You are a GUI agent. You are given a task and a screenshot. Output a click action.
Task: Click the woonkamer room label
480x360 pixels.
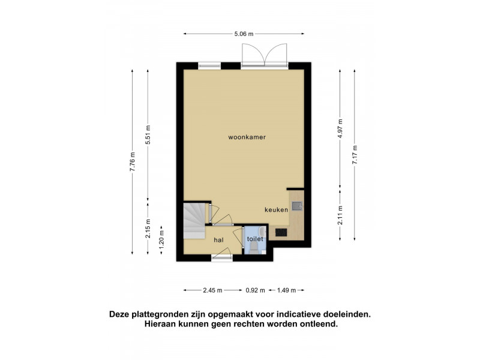click(x=247, y=137)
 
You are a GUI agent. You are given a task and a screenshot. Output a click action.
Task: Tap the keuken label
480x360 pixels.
click(x=276, y=209)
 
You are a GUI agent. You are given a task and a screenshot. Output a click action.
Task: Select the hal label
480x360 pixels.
click(x=218, y=240)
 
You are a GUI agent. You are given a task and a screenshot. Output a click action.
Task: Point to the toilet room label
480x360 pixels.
click(x=255, y=239)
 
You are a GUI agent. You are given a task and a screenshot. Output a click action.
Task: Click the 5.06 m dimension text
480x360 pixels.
click(x=244, y=34)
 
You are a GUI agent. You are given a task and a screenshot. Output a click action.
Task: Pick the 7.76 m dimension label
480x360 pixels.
click(x=132, y=162)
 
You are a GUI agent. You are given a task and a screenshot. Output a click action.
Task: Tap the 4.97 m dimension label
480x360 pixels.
click(x=340, y=128)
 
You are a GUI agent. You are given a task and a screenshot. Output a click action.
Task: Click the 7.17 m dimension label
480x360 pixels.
click(x=355, y=155)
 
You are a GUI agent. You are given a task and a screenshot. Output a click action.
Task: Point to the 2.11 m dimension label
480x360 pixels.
click(x=340, y=215)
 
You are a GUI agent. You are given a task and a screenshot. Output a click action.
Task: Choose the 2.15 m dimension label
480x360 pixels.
click(x=148, y=229)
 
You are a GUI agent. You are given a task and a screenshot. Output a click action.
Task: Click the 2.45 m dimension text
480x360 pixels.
click(x=212, y=290)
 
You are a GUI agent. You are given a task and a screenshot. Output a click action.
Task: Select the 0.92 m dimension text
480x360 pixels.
click(x=255, y=290)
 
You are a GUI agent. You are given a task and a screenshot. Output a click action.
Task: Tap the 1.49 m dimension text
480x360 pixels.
click(x=286, y=290)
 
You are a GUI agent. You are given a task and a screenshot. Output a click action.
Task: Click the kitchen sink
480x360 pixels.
click(x=296, y=206)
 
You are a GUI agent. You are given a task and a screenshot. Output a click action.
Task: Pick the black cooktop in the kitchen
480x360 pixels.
click(x=281, y=232)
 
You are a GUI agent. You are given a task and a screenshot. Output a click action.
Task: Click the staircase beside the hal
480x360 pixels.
click(x=194, y=220)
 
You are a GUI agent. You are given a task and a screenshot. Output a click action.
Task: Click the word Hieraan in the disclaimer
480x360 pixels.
click(x=158, y=324)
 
